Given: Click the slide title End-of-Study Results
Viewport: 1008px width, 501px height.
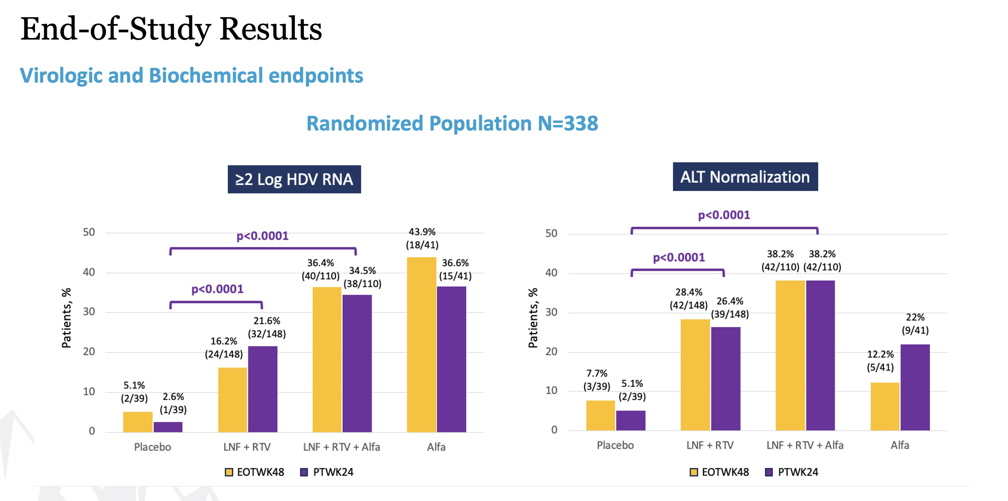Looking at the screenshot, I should tap(171, 29).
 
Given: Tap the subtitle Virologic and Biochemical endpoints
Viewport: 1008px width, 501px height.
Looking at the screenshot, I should tap(191, 76).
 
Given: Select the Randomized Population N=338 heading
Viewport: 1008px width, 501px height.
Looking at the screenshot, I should tap(452, 124).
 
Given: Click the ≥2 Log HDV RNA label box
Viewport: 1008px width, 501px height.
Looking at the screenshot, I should tap(294, 179).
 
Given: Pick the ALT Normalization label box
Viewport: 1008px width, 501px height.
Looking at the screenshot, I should tap(745, 177).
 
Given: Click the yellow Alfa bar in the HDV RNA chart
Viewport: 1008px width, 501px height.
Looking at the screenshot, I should tap(421, 344).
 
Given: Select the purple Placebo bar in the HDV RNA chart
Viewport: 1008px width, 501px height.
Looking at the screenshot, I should tap(168, 427).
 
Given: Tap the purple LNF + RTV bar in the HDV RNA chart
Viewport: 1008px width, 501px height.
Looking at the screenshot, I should tap(262, 389).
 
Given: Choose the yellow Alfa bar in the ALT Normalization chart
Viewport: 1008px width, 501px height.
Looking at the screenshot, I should tap(885, 406).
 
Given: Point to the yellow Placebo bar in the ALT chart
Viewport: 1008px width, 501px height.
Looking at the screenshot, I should tap(600, 415).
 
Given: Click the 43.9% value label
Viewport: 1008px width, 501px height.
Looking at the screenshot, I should tap(422, 232).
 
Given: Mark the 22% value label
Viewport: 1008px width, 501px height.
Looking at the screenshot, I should tap(915, 317).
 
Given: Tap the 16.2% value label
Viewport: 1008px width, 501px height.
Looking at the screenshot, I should tap(223, 341).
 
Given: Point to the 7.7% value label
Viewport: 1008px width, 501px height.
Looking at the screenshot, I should tap(596, 374).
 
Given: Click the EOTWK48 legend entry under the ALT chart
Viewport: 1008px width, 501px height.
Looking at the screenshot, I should tap(719, 472).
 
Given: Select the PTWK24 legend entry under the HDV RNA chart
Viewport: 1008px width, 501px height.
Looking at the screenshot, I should tap(327, 472).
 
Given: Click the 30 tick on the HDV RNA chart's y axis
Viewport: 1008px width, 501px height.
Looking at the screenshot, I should tap(89, 312).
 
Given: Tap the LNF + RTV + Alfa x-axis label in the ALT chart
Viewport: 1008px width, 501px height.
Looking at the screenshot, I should tap(804, 445).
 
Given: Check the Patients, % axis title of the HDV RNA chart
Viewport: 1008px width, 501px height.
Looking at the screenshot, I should tap(67, 318).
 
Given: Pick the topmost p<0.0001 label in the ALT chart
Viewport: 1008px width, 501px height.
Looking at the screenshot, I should tap(724, 215).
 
